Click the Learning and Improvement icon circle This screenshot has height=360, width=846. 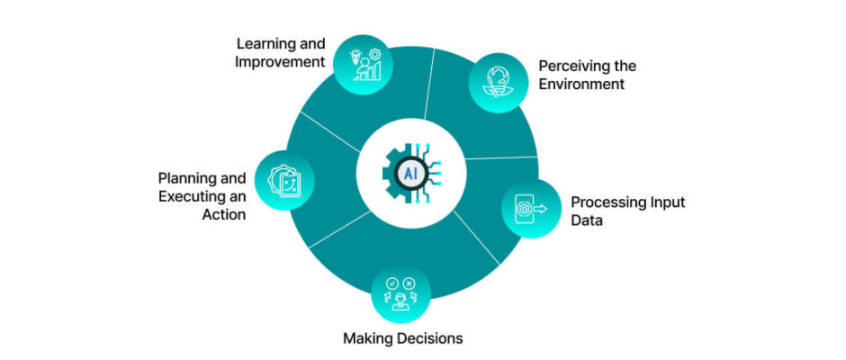click(363, 66)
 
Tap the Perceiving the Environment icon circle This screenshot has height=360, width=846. click(498, 83)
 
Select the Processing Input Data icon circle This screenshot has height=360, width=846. click(531, 209)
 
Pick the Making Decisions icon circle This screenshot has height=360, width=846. click(400, 294)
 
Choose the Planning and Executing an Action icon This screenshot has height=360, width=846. click(284, 181)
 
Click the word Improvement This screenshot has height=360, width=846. click(280, 61)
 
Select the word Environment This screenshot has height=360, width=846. click(581, 85)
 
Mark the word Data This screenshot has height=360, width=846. click(587, 220)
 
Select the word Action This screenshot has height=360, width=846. click(224, 214)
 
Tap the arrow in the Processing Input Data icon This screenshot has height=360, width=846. click(540, 209)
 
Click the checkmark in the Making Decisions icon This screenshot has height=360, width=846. click(392, 283)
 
